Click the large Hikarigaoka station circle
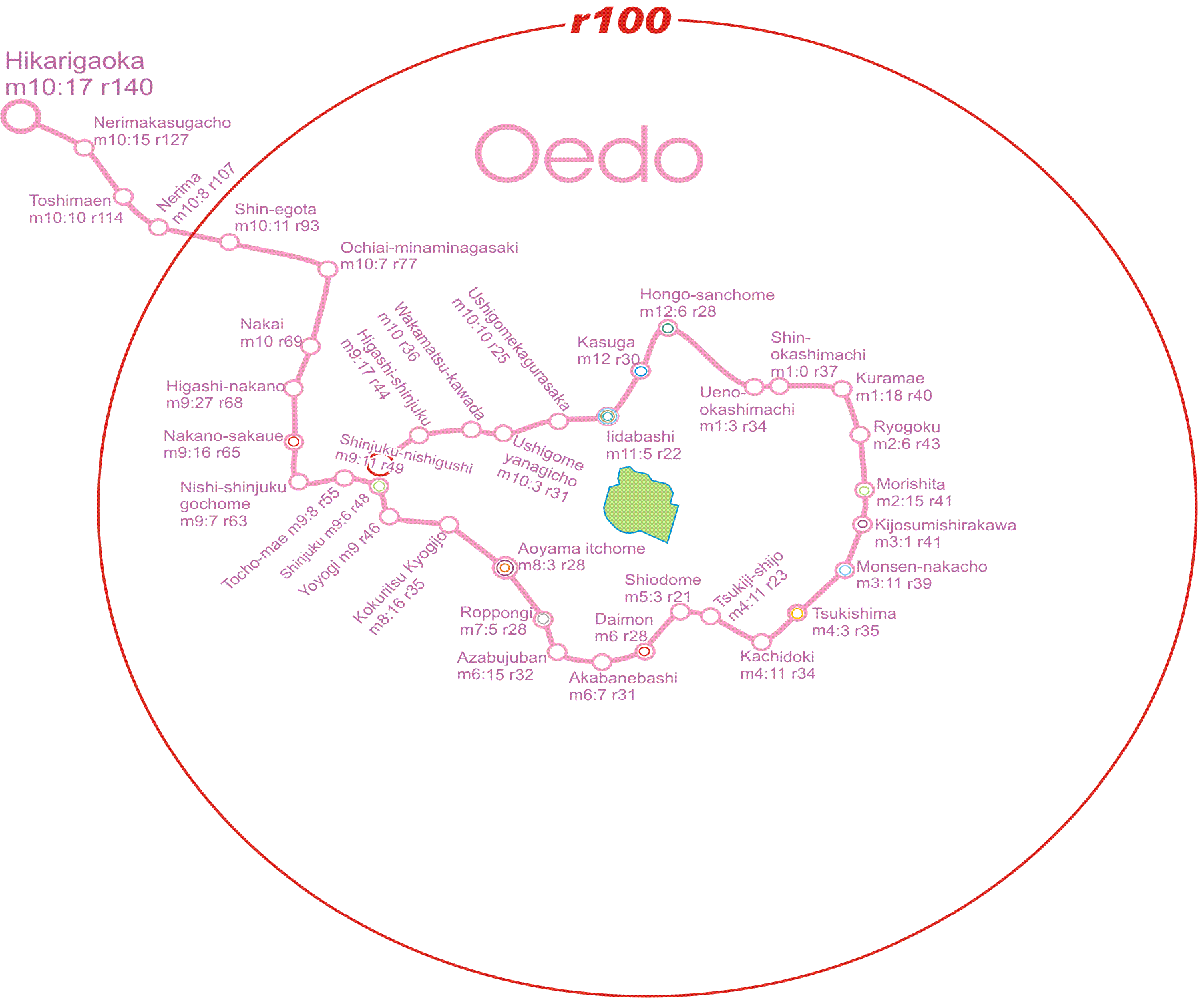click(21, 116)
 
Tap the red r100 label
click(621, 21)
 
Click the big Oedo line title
click(589, 154)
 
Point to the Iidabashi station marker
click(607, 416)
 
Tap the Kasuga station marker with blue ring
click(641, 371)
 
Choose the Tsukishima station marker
click(797, 613)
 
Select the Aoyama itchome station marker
click(505, 568)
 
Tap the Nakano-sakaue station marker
click(294, 441)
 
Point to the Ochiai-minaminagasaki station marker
click(327, 269)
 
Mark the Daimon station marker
click(644, 651)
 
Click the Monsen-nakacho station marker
click(845, 570)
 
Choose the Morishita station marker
click(864, 490)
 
